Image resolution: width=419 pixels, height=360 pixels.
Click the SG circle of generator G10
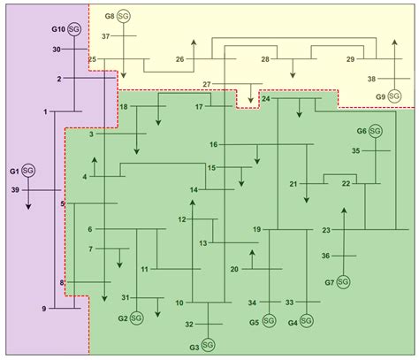pyautogui.click(x=74, y=30)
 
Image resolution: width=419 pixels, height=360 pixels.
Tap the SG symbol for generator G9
pyautogui.click(x=394, y=96)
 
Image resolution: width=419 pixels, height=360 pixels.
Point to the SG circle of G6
pyautogui.click(x=376, y=131)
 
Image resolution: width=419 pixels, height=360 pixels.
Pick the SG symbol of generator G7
pyautogui.click(x=343, y=282)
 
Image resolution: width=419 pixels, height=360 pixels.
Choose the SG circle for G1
pyautogui.click(x=28, y=170)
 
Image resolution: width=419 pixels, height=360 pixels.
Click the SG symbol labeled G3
pyautogui.click(x=208, y=343)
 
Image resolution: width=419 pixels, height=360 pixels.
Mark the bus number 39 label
pyautogui.click(x=13, y=189)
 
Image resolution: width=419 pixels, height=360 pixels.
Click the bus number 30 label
pyautogui.click(x=56, y=50)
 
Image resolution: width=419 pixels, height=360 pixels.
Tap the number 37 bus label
pyautogui.click(x=105, y=36)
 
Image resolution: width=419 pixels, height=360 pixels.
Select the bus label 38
pyautogui.click(x=372, y=78)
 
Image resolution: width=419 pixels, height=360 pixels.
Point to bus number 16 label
pyautogui.click(x=213, y=144)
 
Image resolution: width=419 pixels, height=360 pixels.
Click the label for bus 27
pyautogui.click(x=208, y=84)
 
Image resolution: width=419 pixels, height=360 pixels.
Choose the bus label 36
pyautogui.click(x=325, y=256)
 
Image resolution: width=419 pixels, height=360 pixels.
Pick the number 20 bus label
pyautogui.click(x=234, y=268)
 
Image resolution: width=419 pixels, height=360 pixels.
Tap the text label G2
pyautogui.click(x=122, y=318)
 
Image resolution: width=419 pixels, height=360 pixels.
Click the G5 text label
pyautogui.click(x=254, y=323)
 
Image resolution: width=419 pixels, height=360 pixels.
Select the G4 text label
pyautogui.click(x=293, y=323)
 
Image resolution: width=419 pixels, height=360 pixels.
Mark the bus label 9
pyautogui.click(x=44, y=308)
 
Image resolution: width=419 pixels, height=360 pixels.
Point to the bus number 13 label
pyautogui.click(x=202, y=242)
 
